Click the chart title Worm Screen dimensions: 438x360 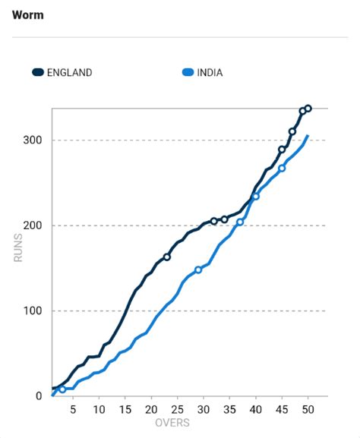tap(28, 15)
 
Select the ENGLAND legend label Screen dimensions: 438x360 tap(69, 73)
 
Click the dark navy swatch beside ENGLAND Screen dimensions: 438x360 tap(38, 73)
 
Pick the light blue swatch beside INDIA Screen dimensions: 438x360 tap(186, 73)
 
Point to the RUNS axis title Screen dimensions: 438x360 tap(18, 248)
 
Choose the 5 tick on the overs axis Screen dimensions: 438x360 tap(73, 409)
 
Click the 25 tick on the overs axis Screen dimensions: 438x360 tap(177, 409)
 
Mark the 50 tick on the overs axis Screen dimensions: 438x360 tap(307, 409)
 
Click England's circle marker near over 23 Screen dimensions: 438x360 tap(167, 257)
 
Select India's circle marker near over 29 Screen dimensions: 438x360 tap(198, 269)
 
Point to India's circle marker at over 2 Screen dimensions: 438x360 tap(62, 389)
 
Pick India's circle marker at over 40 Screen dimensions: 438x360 tap(256, 197)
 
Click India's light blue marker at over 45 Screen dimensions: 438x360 tap(282, 168)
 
